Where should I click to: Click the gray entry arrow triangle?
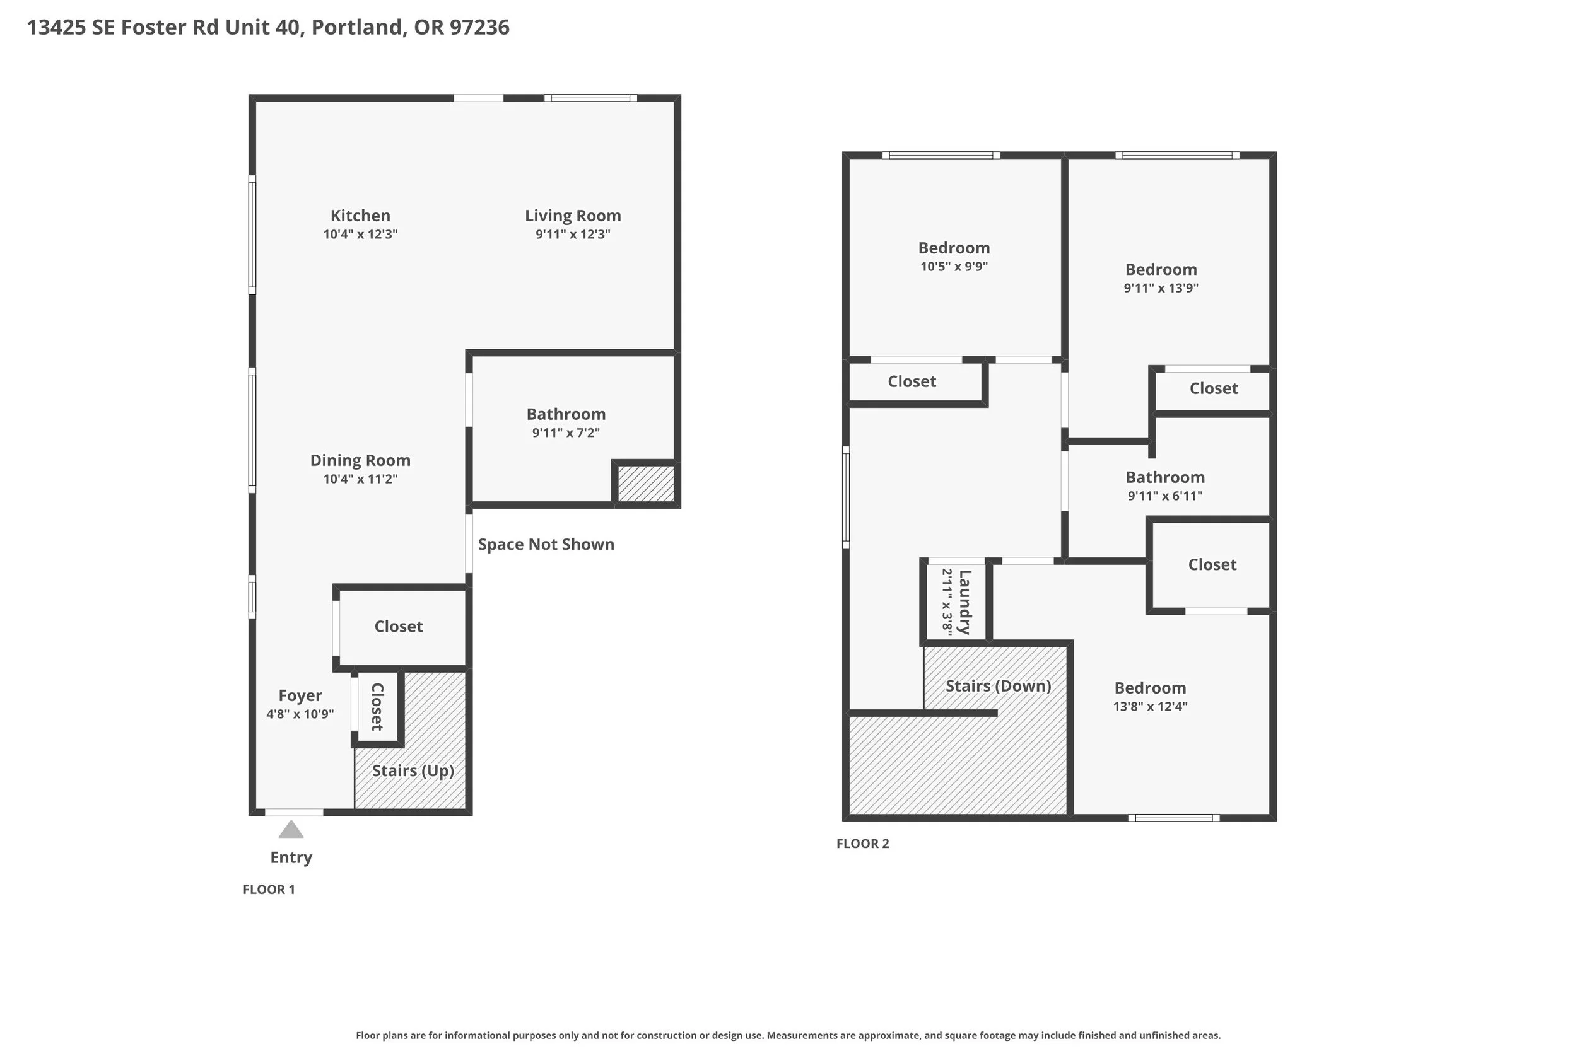(x=291, y=830)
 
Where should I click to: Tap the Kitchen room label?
(x=360, y=216)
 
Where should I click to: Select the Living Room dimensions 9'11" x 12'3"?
(x=573, y=235)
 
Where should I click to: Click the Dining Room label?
(x=360, y=460)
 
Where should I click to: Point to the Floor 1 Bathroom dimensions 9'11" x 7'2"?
(x=566, y=433)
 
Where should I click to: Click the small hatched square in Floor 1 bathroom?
(x=646, y=484)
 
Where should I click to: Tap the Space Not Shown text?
(x=546, y=544)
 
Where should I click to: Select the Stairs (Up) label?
(x=413, y=771)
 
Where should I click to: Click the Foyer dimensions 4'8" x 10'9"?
(x=300, y=714)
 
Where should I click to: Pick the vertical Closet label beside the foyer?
(x=377, y=707)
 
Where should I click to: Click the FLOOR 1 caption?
(x=269, y=890)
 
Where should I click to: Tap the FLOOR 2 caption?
(x=862, y=844)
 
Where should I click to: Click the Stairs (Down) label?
(x=998, y=687)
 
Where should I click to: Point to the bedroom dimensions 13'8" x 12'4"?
(x=1150, y=707)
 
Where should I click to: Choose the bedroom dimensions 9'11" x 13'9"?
(x=1161, y=288)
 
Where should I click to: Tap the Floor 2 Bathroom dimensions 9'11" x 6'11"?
(x=1164, y=496)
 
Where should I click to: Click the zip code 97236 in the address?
(x=479, y=28)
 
